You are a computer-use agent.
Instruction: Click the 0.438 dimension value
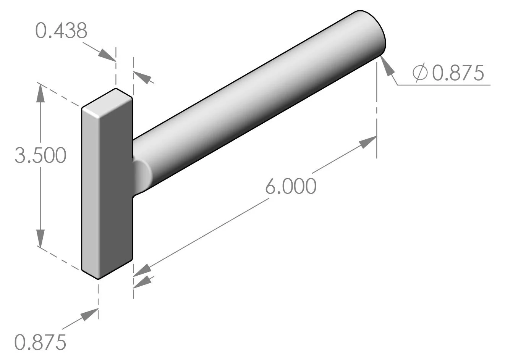click(x=61, y=31)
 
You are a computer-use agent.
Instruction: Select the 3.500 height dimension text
click(x=40, y=155)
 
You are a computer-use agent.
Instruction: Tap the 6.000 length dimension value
click(x=291, y=186)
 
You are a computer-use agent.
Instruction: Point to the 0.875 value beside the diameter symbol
click(x=458, y=73)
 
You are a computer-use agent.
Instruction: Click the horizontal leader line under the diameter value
click(x=443, y=85)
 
